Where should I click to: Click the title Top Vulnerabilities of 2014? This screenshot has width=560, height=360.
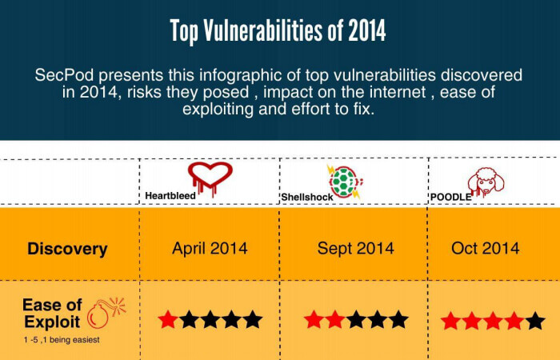278,31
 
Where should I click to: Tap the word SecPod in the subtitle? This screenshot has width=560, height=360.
64,75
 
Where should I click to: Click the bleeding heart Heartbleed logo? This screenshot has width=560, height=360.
210,178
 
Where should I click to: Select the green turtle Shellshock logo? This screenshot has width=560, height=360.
345,182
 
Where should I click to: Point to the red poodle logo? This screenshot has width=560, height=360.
486,182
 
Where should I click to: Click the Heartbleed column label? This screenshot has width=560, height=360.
170,196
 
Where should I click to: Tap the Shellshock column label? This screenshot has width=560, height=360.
307,197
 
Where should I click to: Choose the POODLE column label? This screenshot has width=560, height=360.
450,197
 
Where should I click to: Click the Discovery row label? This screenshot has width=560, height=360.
67,249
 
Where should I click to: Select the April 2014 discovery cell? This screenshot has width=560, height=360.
210,248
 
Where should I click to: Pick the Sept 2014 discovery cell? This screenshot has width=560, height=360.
356,248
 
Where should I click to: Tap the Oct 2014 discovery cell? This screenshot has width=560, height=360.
486,248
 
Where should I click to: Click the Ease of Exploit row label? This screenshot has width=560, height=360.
52,314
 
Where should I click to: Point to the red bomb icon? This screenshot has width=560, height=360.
106,313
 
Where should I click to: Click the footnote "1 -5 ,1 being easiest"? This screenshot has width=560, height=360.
62,340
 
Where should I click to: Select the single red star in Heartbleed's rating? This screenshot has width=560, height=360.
168,319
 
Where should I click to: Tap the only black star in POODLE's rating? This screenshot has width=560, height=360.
535,320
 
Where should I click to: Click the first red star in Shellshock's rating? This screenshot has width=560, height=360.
314,319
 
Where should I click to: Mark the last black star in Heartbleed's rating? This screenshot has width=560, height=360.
253,319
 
